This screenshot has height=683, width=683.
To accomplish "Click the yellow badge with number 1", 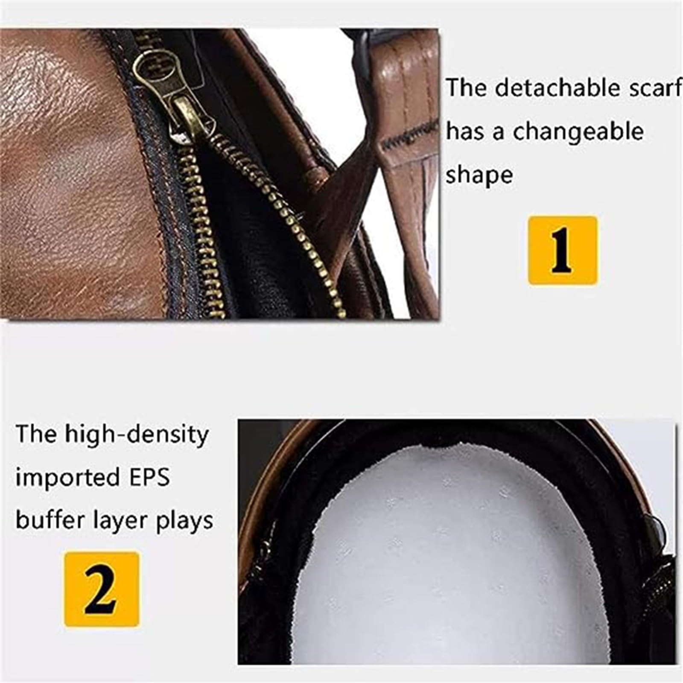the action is (x=562, y=250).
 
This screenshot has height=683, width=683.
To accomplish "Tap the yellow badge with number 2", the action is (x=102, y=589).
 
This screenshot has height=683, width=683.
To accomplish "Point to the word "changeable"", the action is (x=578, y=131).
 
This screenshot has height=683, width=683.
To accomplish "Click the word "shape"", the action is (x=479, y=175).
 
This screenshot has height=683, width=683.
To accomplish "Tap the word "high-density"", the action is (x=137, y=435).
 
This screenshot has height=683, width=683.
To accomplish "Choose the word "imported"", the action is (x=67, y=477).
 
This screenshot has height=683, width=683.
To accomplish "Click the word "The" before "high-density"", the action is (x=36, y=435).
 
